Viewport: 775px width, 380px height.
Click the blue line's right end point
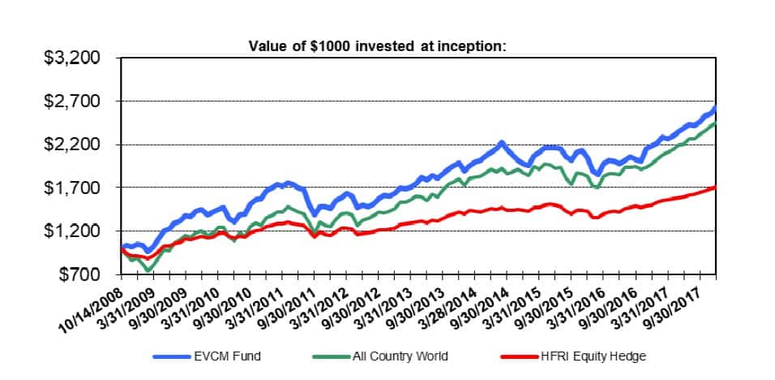(714, 108)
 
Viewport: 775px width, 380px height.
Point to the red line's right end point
(714, 188)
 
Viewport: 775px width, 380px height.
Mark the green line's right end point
(714, 123)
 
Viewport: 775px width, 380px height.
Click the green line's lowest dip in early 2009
(148, 269)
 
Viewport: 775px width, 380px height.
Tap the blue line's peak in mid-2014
(502, 143)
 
